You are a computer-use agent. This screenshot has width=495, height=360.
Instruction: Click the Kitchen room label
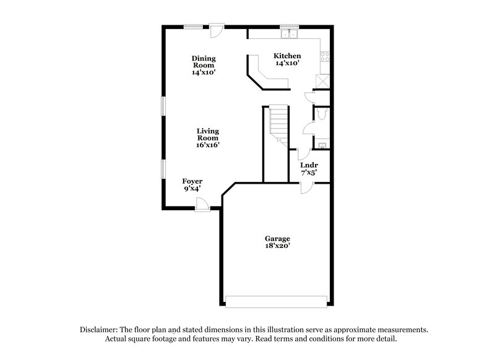287,55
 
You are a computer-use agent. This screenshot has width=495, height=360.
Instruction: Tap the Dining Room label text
203,62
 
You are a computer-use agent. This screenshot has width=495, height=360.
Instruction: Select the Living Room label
208,134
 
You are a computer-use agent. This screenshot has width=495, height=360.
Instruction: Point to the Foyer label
191,181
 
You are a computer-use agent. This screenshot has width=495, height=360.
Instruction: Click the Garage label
277,238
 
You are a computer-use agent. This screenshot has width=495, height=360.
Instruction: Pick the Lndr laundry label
308,165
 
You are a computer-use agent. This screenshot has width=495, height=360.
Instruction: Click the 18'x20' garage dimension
277,246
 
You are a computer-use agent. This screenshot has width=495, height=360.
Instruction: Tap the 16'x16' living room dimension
208,145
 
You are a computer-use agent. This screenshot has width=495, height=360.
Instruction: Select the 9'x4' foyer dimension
191,189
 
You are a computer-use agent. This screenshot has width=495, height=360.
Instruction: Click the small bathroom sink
321,145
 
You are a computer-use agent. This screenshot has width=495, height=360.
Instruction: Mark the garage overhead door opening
276,301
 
